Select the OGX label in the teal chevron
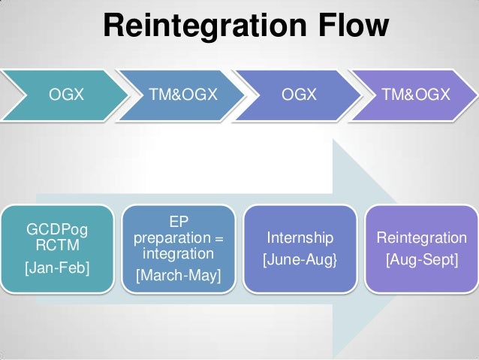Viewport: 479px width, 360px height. (x=66, y=95)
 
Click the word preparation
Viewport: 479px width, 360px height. (x=172, y=238)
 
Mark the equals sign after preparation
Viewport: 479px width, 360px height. (x=218, y=238)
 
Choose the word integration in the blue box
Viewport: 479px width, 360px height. (x=179, y=254)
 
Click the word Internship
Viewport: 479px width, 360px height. (x=300, y=238)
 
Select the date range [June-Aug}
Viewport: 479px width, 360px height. (x=300, y=260)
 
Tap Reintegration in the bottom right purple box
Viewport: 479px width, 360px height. (x=421, y=238)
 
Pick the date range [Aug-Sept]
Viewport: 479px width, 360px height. (x=421, y=260)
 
